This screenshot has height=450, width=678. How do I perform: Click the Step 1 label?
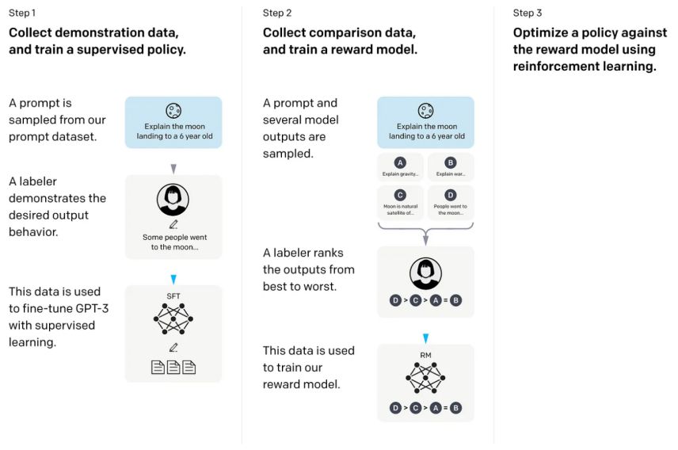click(x=22, y=13)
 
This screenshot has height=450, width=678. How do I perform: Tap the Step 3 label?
click(x=528, y=13)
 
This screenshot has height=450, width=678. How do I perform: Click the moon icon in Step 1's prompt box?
click(x=173, y=111)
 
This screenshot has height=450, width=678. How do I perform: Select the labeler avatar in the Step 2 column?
click(x=425, y=274)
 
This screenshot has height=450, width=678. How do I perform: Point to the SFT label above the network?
click(x=173, y=296)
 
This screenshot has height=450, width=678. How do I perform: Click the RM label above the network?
click(x=425, y=356)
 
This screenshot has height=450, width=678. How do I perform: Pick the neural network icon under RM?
click(x=425, y=381)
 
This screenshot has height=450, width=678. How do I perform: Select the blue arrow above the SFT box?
click(x=173, y=279)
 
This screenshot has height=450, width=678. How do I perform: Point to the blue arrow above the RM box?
click(x=425, y=338)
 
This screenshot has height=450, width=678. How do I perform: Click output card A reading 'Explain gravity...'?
click(x=400, y=167)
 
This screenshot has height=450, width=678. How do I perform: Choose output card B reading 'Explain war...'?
click(x=451, y=167)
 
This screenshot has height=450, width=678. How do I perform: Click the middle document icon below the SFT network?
click(x=173, y=368)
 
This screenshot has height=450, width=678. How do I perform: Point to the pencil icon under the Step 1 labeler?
click(x=173, y=224)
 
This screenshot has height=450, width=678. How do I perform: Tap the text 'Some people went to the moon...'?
click(x=173, y=242)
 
